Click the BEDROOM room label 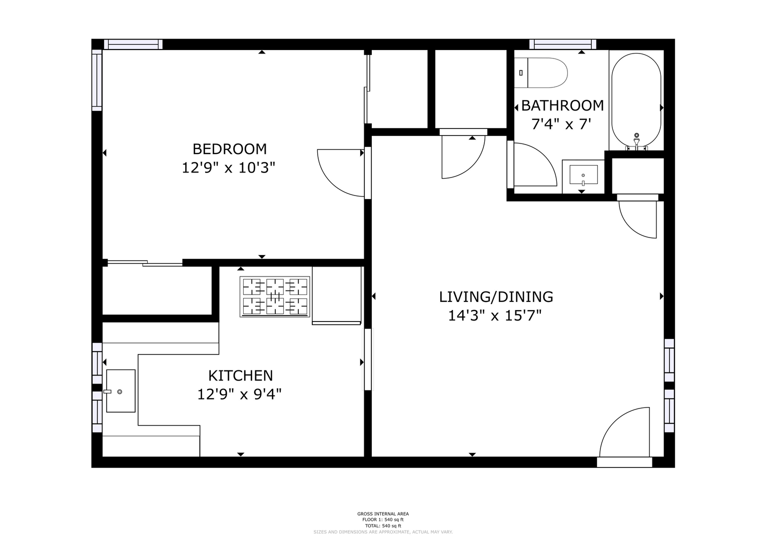pos(230,149)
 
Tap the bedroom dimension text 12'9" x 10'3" pos(229,167)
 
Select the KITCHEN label pos(241,375)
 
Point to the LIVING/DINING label pos(496,297)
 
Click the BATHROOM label pos(562,105)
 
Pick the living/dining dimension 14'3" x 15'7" pos(494,315)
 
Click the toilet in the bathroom pos(540,73)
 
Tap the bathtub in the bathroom pos(636,101)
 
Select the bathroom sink pos(583,176)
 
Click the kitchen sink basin pos(121,391)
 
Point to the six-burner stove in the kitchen pos(275,297)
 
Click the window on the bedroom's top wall pos(133,44)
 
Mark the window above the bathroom pos(563,44)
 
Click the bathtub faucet pos(636,141)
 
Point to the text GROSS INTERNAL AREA pos(383,514)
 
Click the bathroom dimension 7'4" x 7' pos(561,124)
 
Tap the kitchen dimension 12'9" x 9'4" pos(240,395)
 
